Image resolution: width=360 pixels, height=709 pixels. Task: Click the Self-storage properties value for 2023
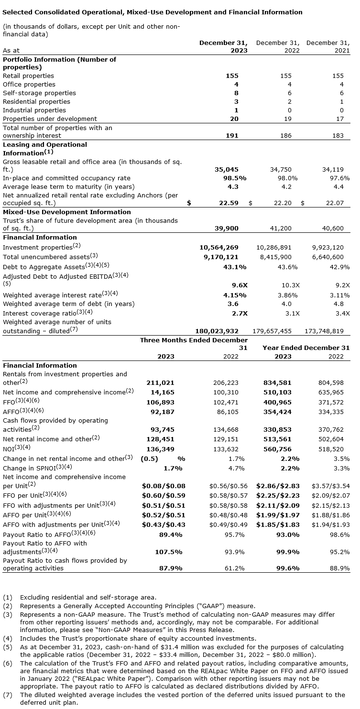pos(236,93)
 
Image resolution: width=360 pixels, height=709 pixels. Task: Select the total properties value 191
pos(232,136)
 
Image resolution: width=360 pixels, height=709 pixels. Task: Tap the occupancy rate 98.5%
pos(229,178)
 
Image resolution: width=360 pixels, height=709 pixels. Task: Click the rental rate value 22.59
pos(229,203)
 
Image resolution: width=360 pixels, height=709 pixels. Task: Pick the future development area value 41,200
pos(281,229)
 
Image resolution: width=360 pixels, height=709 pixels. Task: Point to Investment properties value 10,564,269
pos(218,248)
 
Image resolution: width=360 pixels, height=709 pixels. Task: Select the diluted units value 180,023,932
pos(217,331)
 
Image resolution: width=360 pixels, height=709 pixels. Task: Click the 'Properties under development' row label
pos(50,119)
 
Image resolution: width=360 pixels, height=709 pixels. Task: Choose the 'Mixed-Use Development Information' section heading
pos(67,212)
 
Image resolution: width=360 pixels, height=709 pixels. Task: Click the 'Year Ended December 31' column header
pos(306,348)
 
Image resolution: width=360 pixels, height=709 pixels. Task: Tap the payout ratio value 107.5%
pos(169,552)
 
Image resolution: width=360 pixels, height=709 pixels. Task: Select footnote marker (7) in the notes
pos(7,695)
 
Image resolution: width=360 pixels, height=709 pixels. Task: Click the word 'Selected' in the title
pos(17,12)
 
